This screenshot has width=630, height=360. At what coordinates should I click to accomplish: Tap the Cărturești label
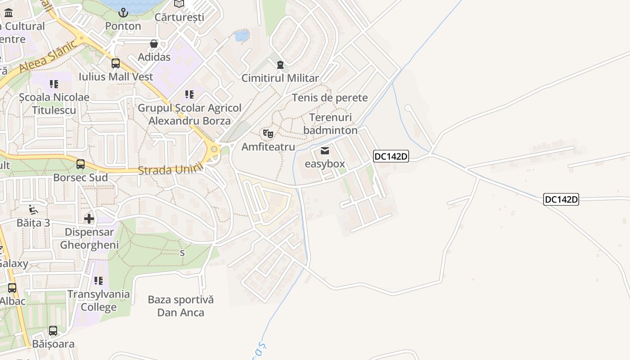pyautogui.click(x=179, y=17)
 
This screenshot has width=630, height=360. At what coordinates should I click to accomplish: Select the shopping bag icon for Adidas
pyautogui.click(x=154, y=44)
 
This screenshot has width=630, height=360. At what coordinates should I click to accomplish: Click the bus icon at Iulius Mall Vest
pyautogui.click(x=116, y=63)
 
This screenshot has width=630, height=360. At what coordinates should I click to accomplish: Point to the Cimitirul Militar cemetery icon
pyautogui.click(x=280, y=65)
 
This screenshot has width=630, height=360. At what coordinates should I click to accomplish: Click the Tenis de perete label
pyautogui.click(x=330, y=98)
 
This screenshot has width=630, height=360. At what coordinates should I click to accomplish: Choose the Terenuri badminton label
pyautogui.click(x=330, y=124)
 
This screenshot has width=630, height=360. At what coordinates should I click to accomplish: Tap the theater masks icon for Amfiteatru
pyautogui.click(x=268, y=134)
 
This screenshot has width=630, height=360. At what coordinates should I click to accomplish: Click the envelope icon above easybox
pyautogui.click(x=324, y=150)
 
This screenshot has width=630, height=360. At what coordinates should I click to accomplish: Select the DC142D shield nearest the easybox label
pyautogui.click(x=391, y=157)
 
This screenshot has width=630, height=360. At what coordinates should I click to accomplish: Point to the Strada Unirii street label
pyautogui.click(x=171, y=170)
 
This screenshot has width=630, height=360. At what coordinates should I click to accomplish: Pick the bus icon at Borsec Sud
pyautogui.click(x=81, y=164)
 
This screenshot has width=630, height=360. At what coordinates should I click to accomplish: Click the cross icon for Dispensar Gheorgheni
pyautogui.click(x=89, y=219)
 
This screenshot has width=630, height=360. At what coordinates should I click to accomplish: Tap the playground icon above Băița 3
pyautogui.click(x=33, y=210)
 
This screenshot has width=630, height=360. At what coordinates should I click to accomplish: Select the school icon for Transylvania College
pyautogui.click(x=99, y=281)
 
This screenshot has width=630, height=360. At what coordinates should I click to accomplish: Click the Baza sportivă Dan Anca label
pyautogui.click(x=181, y=306)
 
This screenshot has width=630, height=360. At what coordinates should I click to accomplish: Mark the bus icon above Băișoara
pyautogui.click(x=53, y=331)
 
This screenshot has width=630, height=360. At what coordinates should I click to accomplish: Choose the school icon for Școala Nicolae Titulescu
pyautogui.click(x=54, y=84)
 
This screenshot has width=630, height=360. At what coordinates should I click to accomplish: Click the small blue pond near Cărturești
pyautogui.click(x=242, y=36)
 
